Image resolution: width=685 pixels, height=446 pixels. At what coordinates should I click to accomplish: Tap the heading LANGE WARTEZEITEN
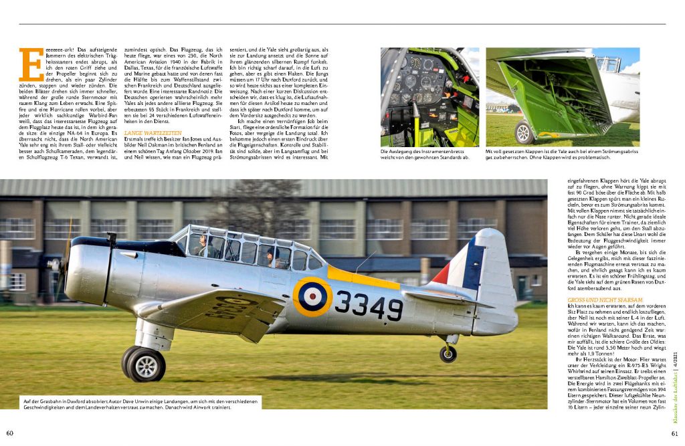(x=152, y=132)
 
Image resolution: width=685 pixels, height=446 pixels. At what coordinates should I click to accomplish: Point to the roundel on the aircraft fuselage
(x=312, y=296)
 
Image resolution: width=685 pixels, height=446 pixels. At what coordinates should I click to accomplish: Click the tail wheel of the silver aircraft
(x=448, y=354)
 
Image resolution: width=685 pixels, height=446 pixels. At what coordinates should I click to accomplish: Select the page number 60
(x=10, y=432)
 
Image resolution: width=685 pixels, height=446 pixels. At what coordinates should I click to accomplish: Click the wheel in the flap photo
(x=523, y=132)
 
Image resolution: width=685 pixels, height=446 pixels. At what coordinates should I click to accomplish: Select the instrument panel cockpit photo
(x=429, y=96)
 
